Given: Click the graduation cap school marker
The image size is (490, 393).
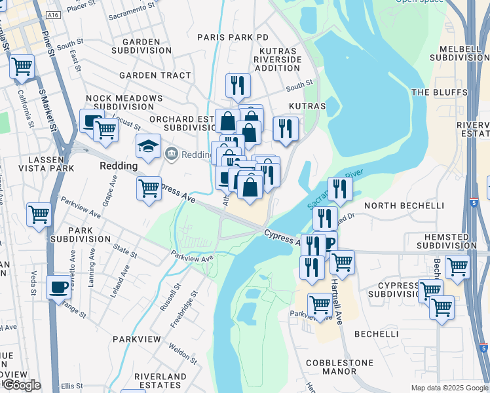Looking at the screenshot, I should [149, 147].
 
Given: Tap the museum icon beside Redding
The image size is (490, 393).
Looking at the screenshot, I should [172, 154].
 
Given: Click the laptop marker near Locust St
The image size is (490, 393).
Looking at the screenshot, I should [92, 121].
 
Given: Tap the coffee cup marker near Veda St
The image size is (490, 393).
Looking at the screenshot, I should [58, 288].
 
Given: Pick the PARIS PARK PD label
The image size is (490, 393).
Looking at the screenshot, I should [233, 38].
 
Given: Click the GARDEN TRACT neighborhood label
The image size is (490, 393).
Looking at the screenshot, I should [155, 75].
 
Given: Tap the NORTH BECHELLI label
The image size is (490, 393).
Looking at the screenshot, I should [394, 206].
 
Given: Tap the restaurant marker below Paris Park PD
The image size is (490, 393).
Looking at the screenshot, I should [238, 85].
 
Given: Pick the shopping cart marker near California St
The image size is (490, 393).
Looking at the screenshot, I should [22, 66].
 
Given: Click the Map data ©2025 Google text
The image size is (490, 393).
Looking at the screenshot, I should [449, 388].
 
